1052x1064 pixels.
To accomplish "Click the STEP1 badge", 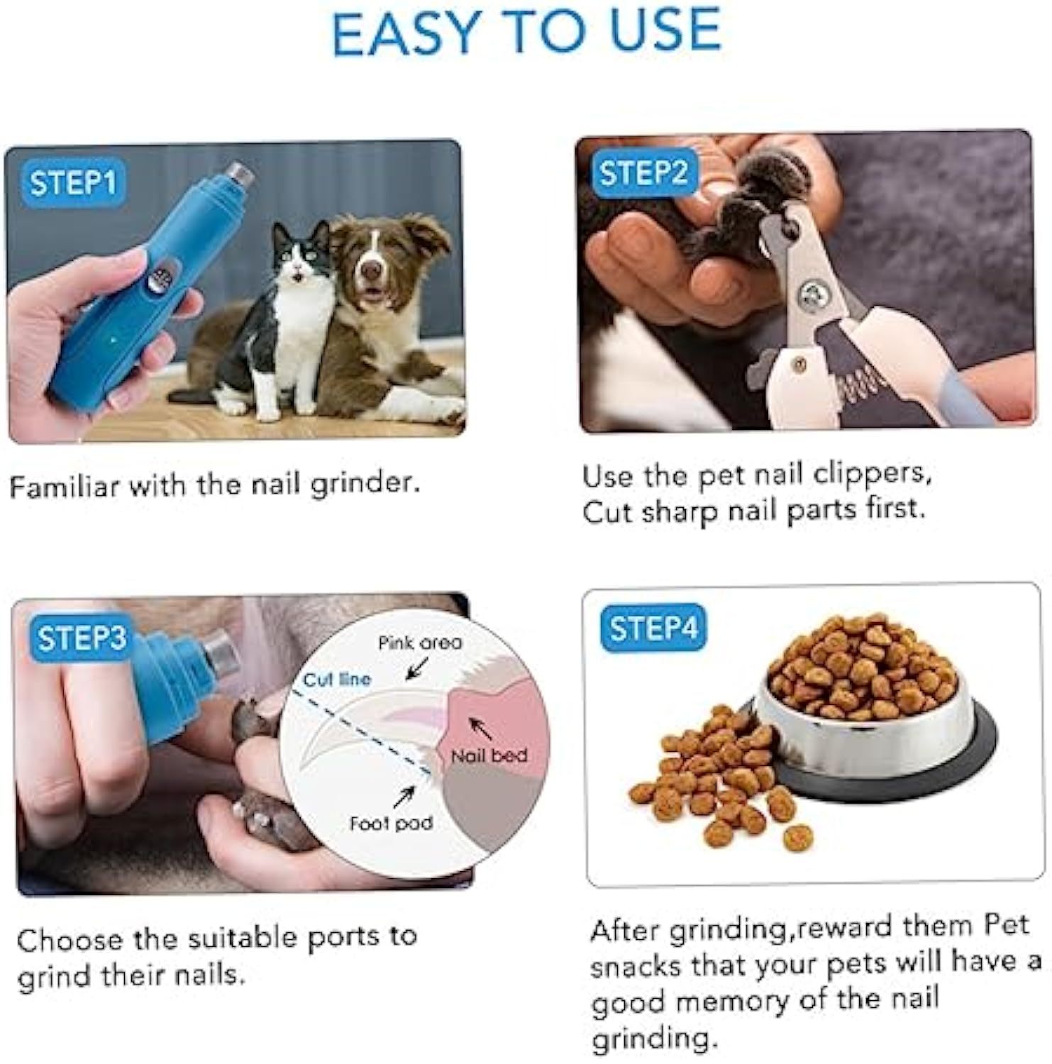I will coord(72,183).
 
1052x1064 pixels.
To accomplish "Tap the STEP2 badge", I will coord(643,172).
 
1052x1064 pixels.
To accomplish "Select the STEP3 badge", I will coord(81,638).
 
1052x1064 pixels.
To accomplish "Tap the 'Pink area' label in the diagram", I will coord(419,643).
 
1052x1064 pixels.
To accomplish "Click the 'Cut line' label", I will coord(337,680).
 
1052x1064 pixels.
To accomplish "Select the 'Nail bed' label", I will coord(489,756).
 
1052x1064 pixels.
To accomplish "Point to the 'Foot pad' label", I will coord(391,824).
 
